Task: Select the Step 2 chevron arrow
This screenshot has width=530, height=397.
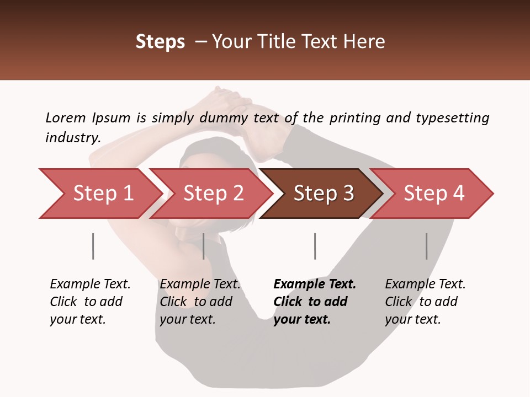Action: (x=213, y=194)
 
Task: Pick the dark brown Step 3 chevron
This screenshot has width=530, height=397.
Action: (x=323, y=194)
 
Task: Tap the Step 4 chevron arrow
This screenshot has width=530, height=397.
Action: (x=434, y=194)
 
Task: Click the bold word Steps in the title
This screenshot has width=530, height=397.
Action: (x=160, y=42)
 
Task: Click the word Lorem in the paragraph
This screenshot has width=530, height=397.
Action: (x=65, y=118)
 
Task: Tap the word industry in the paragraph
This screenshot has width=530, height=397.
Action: (x=72, y=138)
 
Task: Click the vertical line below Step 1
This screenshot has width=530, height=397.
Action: (x=93, y=246)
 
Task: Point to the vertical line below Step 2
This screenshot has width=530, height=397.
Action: (x=204, y=246)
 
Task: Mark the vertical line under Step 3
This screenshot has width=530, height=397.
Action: (x=315, y=246)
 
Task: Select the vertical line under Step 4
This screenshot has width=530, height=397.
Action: (x=426, y=246)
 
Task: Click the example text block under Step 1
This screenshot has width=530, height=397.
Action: (x=89, y=302)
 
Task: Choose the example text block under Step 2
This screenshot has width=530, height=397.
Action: (x=199, y=302)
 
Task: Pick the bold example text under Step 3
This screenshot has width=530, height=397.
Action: (x=314, y=302)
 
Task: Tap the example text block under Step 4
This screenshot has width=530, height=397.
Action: (x=425, y=302)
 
